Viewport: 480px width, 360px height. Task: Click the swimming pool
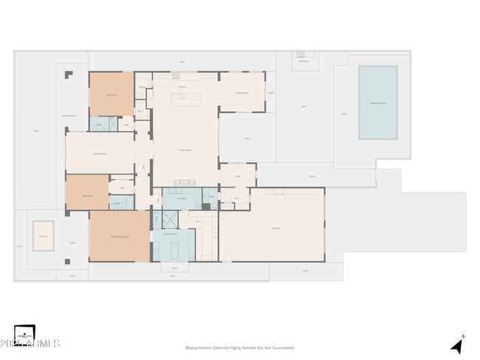[377, 103]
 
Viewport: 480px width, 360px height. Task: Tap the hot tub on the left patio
[43, 235]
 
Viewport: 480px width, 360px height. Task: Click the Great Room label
[185, 150]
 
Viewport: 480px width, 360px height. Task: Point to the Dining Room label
[241, 93]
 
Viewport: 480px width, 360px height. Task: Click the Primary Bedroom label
[119, 236]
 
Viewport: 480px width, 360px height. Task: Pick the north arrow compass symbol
[458, 345]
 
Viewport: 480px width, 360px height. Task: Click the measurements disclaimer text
[239, 347]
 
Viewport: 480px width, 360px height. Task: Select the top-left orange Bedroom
[112, 94]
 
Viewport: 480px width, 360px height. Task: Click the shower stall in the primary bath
[170, 219]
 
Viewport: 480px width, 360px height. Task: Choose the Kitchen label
[182, 86]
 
